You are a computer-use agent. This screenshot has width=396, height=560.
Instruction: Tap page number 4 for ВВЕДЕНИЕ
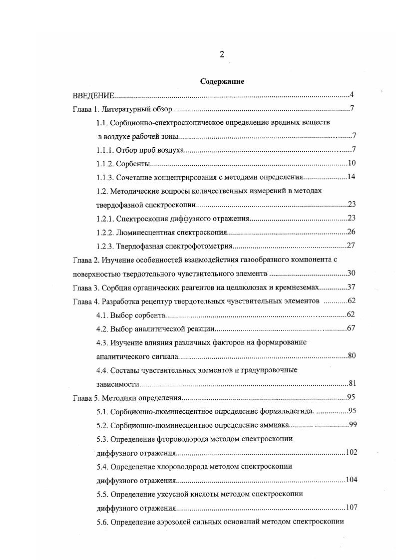pos(352,95)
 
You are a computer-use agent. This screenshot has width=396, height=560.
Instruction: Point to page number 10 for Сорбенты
pos(351,163)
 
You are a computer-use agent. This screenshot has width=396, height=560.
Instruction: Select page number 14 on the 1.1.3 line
pos(351,177)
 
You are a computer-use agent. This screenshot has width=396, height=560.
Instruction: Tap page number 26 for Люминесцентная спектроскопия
pos(351,232)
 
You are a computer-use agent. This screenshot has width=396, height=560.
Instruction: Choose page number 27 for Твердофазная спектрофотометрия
pos(351,246)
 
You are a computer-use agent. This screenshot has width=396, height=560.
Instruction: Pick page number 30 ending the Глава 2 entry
pos(351,274)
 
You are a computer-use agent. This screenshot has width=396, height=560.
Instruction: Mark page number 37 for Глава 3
pos(351,287)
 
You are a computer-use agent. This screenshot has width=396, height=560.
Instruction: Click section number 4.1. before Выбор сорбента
pos(103,315)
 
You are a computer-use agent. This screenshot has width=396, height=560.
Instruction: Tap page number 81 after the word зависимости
pos(351,384)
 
